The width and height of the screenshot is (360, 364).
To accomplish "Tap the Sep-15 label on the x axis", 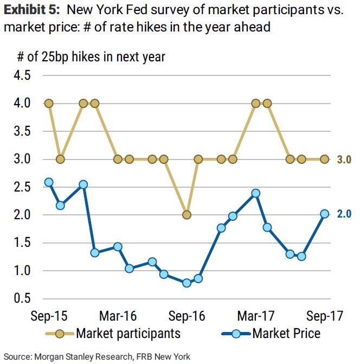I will point(49,316).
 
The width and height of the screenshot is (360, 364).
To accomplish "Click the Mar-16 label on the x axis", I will point(118,316).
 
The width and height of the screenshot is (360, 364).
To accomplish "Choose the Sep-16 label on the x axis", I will point(187,316).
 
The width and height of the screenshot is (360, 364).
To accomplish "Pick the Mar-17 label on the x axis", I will point(255,316).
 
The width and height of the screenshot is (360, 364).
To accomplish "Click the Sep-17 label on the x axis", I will point(324,316).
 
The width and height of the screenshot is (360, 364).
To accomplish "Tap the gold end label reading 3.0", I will point(344,159).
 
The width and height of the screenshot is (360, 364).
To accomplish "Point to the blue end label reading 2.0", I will point(344,214).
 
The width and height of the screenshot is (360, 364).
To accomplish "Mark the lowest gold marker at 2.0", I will point(187,215).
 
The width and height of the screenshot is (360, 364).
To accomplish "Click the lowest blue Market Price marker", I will point(187,283).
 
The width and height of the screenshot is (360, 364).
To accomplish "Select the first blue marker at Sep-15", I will point(49,182).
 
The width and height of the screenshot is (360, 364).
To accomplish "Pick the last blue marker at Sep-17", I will point(324,214).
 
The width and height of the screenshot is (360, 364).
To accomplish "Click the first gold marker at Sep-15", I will point(49,103).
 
